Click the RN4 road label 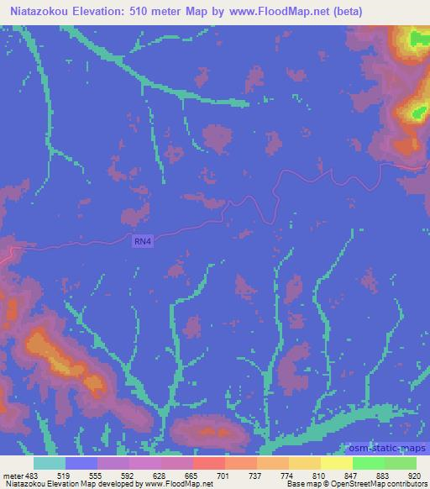click(144, 242)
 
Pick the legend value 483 click(32, 476)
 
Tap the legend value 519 click(63, 476)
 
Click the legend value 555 click(95, 476)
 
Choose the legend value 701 click(222, 476)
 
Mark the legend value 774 click(286, 476)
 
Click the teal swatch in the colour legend click(49, 463)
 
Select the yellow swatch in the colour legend click(336, 463)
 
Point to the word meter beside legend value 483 click(11, 476)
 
